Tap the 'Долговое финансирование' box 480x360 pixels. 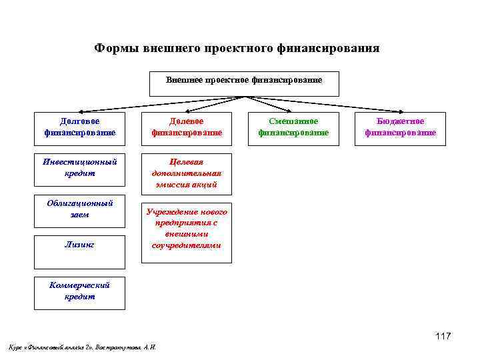(x=79, y=127)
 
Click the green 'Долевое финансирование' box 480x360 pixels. (x=186, y=127)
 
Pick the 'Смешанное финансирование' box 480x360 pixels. (x=293, y=127)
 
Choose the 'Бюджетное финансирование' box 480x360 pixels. (x=400, y=127)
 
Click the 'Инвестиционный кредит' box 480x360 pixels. (x=79, y=167)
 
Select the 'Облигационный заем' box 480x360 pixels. (x=79, y=209)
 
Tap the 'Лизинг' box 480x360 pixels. (x=79, y=245)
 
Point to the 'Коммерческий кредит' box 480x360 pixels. (x=79, y=291)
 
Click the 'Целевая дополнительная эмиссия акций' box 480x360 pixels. (x=186, y=173)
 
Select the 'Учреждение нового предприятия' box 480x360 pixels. (x=186, y=229)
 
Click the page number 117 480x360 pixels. (x=443, y=336)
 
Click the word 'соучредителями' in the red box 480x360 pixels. (x=186, y=245)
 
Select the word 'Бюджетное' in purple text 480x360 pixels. (x=400, y=121)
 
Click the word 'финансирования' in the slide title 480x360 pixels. (x=331, y=49)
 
